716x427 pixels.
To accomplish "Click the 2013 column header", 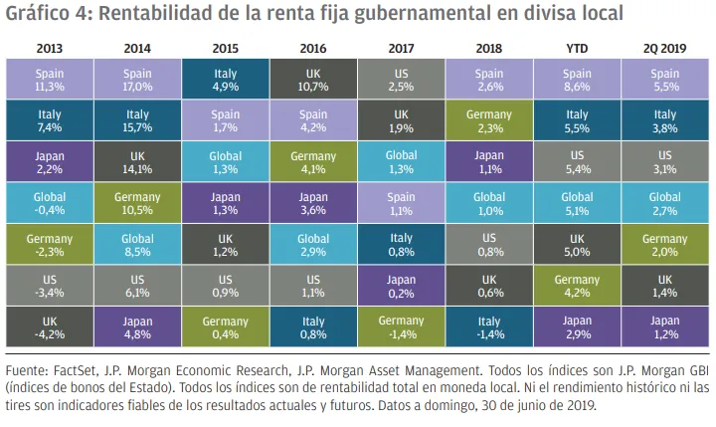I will (x=49, y=47).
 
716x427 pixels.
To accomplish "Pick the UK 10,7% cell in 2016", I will (x=313, y=79).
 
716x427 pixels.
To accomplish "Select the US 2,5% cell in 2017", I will (x=400, y=79).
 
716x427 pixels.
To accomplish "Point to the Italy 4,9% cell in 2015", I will (x=225, y=79).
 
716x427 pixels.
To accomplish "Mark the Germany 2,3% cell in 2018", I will (x=487, y=120).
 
